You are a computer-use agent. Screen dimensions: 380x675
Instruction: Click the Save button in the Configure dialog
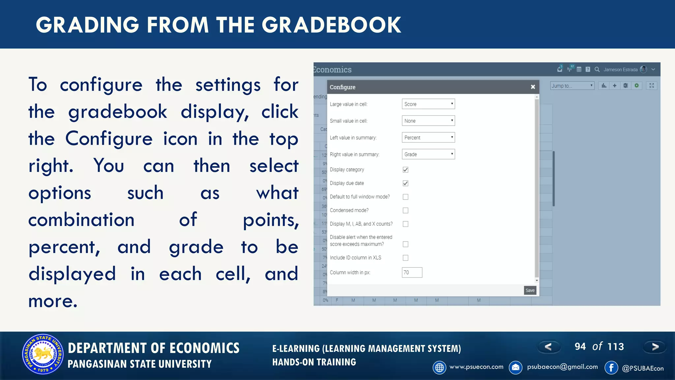[530, 290]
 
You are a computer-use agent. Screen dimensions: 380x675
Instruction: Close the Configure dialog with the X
[533, 87]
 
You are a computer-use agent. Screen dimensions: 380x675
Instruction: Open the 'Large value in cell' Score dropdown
[428, 104]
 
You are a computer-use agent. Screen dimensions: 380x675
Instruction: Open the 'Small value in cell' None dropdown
[428, 121]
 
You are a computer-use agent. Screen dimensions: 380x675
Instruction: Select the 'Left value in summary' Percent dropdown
[428, 138]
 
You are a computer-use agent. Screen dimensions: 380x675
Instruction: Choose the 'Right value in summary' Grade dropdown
[428, 154]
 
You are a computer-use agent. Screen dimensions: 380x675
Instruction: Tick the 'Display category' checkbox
[405, 170]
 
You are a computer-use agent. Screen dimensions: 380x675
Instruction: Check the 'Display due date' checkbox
[405, 183]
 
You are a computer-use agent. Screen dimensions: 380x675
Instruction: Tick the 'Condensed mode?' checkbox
[405, 210]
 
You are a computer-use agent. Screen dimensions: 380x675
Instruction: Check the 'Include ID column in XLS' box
[405, 258]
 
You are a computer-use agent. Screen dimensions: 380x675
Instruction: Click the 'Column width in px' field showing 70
[412, 272]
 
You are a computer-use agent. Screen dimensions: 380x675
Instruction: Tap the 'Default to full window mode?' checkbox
[405, 197]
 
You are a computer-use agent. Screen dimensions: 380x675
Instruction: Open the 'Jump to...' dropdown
[572, 86]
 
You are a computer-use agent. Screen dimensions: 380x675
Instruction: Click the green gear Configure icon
[637, 86]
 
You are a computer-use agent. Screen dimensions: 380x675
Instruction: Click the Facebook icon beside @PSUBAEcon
[611, 367]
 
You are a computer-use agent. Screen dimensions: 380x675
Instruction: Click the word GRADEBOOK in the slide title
[331, 25]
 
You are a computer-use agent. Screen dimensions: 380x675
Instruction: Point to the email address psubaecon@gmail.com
[562, 367]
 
